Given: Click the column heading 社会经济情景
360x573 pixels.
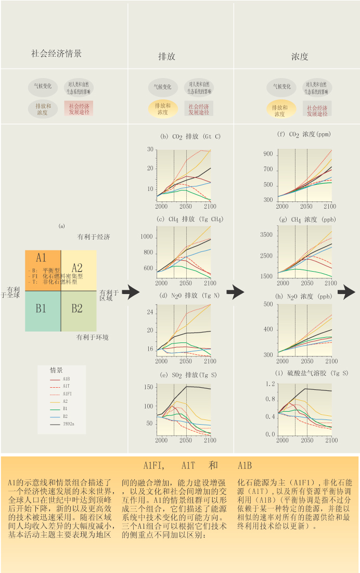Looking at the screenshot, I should coord(56,54).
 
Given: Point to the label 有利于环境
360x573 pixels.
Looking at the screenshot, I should coord(92,337).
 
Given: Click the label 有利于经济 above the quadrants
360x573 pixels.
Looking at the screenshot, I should coord(94,237).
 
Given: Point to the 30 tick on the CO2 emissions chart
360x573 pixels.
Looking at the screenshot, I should coord(150,150).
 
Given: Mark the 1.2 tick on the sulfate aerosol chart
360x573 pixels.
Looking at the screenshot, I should coord(269,384).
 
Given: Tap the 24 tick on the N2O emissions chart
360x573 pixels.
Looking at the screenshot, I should coord(150,313).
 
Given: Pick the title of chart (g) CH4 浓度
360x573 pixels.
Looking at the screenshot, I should coord(305,220).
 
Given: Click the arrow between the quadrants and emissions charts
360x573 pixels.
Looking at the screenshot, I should coord(131,292).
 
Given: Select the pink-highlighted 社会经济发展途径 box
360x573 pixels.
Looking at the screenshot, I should coord(79,108).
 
